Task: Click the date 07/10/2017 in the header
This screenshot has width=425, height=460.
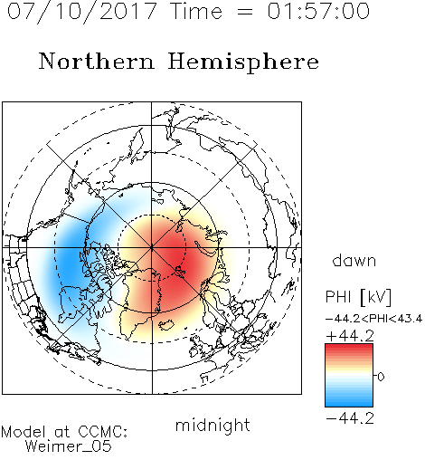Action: point(82,12)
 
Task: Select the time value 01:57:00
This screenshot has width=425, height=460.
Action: point(318,11)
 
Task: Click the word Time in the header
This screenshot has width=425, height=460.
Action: point(196,11)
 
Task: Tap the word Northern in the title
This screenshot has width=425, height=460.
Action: point(97,61)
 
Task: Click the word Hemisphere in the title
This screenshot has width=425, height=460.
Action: point(243,62)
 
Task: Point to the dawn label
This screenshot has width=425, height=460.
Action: point(354,260)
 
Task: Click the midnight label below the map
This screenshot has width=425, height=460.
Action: point(212,425)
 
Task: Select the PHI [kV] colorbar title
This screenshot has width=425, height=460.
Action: point(358,297)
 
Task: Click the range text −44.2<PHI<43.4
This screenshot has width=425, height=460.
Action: point(373,319)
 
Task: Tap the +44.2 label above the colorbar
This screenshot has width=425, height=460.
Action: point(350,336)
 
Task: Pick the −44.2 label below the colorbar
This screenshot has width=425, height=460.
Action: point(350,418)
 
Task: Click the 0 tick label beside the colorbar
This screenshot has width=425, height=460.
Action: point(381,377)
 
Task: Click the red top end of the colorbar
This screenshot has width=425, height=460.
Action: point(349,347)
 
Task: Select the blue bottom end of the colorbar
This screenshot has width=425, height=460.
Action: point(349,404)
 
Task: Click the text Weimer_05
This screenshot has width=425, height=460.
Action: point(69,446)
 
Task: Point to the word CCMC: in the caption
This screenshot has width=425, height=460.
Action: point(102,432)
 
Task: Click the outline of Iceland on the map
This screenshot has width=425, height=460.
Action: point(166,325)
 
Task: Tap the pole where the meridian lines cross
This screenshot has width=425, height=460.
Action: point(152,247)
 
